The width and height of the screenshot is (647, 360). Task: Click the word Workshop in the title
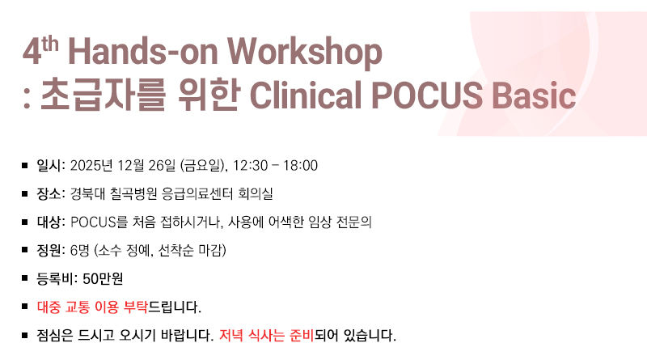tap(305, 53)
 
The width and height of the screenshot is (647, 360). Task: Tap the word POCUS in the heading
tap(427, 95)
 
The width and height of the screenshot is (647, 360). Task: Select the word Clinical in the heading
tap(306, 95)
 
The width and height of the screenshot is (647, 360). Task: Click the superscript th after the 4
tap(50, 44)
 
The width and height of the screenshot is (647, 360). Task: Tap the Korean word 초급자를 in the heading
tap(103, 95)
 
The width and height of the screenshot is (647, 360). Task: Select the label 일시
tap(49, 166)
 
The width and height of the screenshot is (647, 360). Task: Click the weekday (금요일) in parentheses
tap(203, 166)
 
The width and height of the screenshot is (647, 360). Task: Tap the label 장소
tap(49, 193)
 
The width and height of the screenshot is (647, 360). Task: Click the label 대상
tap(49, 222)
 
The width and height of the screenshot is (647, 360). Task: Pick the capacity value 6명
tap(79, 250)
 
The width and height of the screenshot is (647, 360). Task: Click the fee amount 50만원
tap(103, 278)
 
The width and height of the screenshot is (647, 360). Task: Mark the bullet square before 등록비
tap(25, 278)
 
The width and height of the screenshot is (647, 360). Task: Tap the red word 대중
tap(49, 307)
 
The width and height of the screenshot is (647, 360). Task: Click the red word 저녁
tap(230, 335)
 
